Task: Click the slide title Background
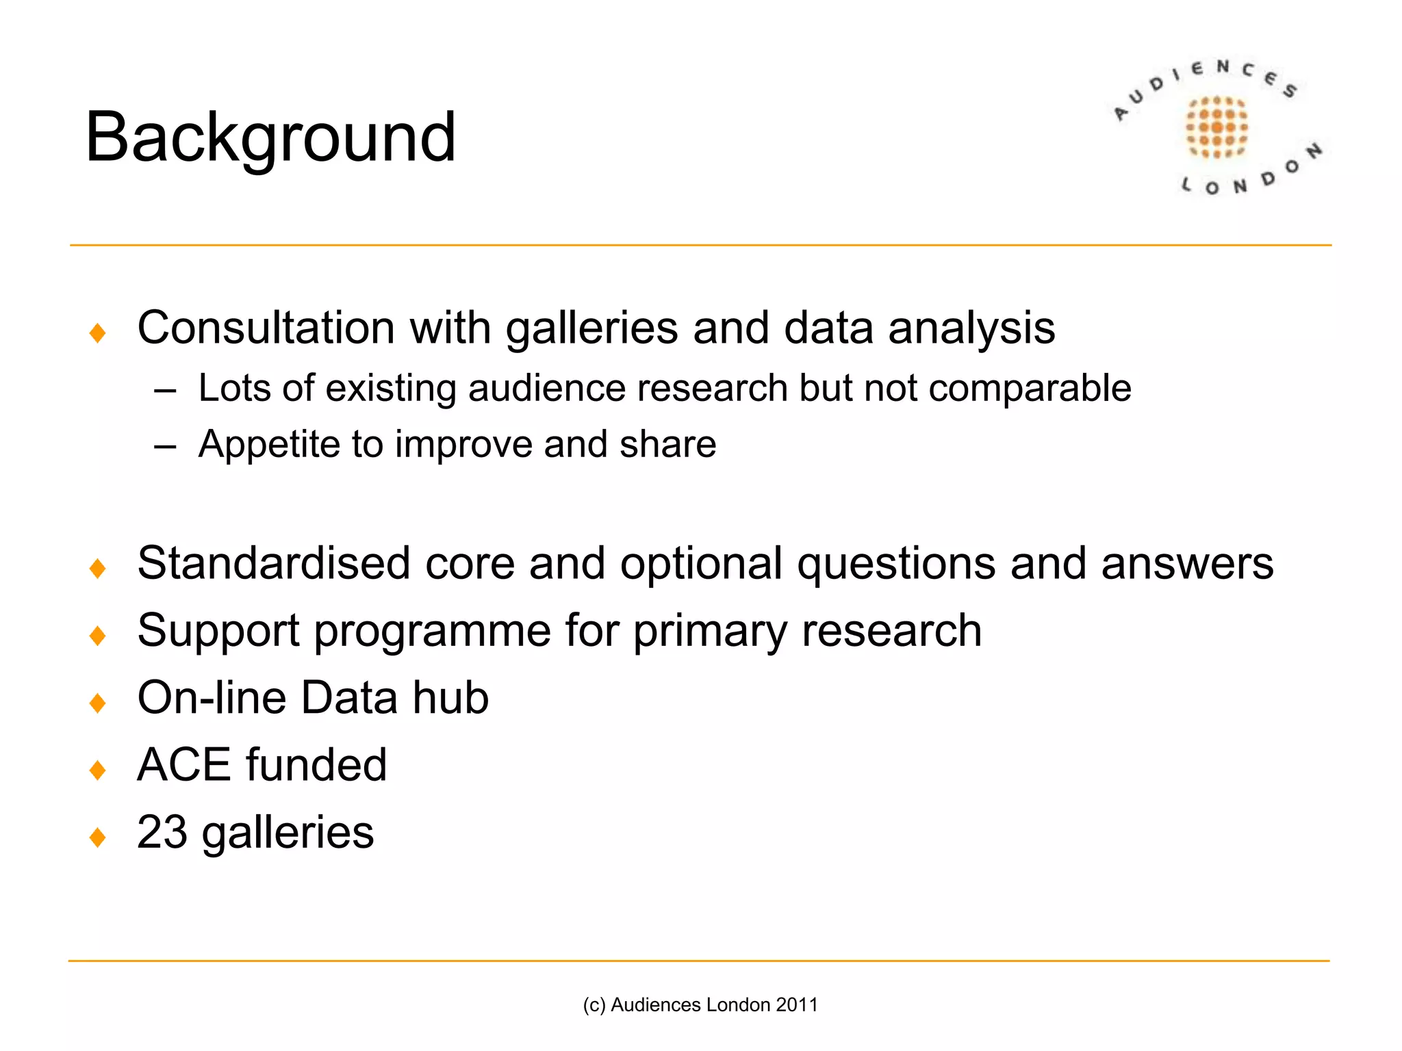click(270, 138)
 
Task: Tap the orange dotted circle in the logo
click(1216, 127)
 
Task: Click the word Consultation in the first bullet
click(266, 328)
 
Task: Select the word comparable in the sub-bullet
click(1030, 389)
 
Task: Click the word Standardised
click(273, 563)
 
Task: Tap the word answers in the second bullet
click(1187, 563)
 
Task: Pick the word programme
click(432, 630)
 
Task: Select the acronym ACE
click(184, 764)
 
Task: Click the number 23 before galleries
click(162, 832)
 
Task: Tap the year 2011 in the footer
click(798, 1004)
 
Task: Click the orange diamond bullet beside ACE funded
click(98, 770)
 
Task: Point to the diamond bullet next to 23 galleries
click(98, 837)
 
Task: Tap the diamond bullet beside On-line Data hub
click(98, 703)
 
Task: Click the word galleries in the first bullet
click(591, 328)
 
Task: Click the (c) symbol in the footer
click(594, 1004)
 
